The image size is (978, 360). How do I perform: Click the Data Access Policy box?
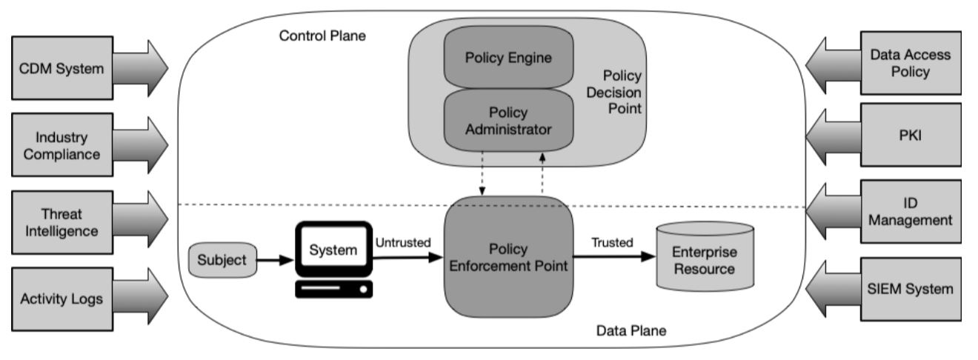pyautogui.click(x=910, y=64)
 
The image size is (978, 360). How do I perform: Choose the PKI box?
pyautogui.click(x=910, y=136)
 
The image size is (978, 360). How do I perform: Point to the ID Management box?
pyautogui.click(x=910, y=211)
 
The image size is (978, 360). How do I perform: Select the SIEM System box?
pyautogui.click(x=910, y=289)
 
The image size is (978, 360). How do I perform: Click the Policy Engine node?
pyautogui.click(x=498, y=59)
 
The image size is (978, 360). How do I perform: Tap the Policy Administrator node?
pyautogui.click(x=498, y=121)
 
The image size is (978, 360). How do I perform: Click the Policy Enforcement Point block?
pyautogui.click(x=508, y=256)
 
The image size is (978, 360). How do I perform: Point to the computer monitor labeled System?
pyautogui.click(x=333, y=250)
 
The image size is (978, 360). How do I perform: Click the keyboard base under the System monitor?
pyautogui.click(x=333, y=289)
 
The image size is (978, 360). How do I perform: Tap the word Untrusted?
pyautogui.click(x=403, y=242)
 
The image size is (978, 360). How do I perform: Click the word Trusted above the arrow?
pyautogui.click(x=611, y=242)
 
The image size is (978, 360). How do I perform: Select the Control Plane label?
pyautogui.click(x=322, y=35)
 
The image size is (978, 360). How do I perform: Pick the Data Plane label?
pyautogui.click(x=631, y=330)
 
